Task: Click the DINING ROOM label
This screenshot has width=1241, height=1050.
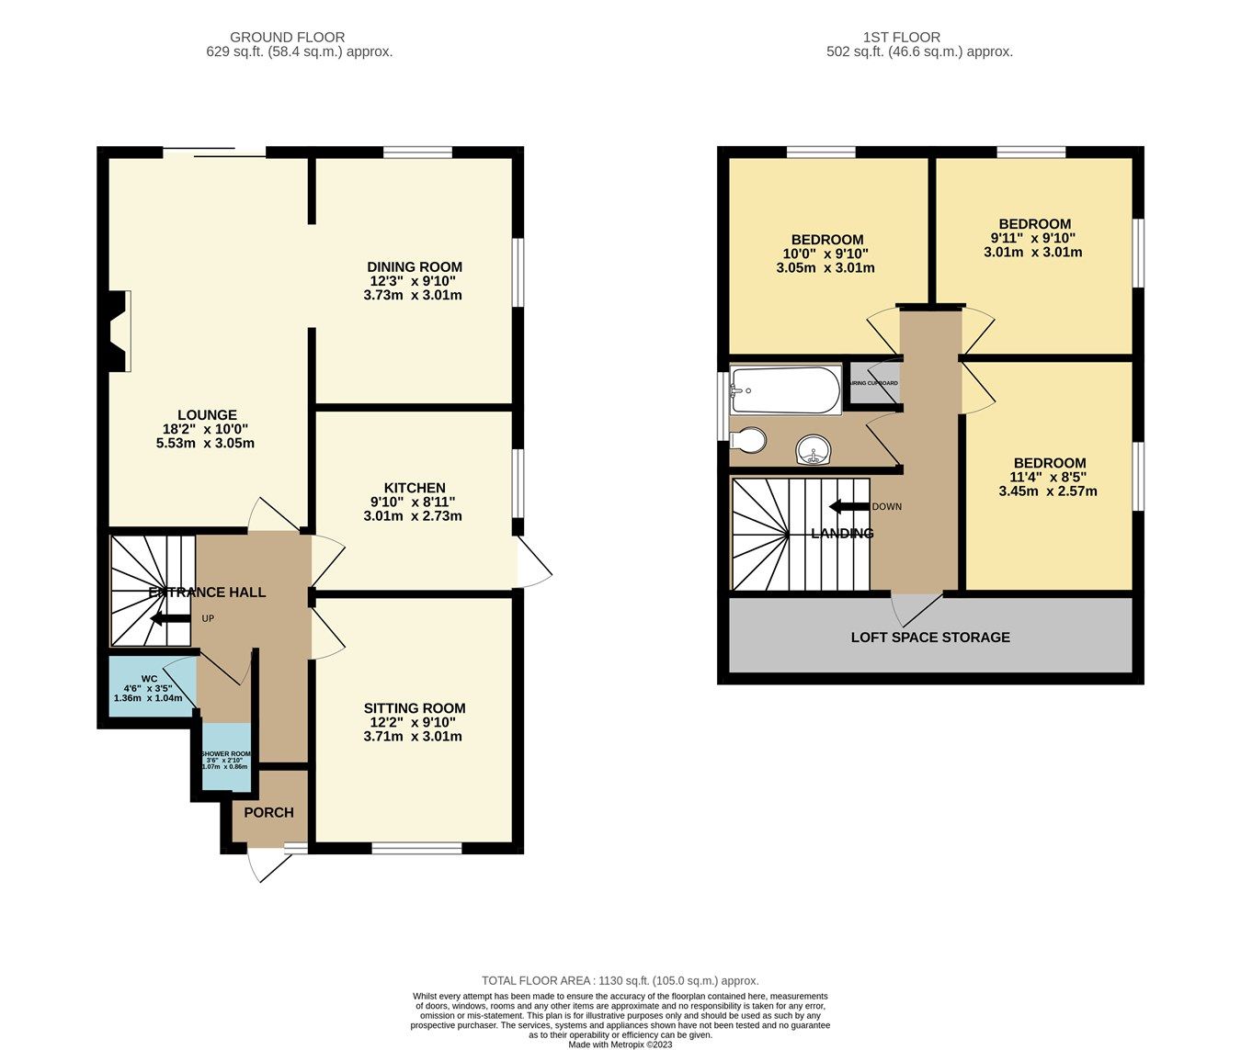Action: (x=415, y=267)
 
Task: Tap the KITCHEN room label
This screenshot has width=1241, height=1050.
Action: (x=415, y=488)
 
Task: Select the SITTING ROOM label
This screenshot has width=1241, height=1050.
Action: (x=415, y=708)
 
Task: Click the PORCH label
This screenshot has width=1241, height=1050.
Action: (x=268, y=813)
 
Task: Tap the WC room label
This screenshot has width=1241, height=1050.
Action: (x=149, y=679)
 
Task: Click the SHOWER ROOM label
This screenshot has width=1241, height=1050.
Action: (x=225, y=753)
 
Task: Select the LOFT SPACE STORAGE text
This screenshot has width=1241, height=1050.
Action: (x=930, y=637)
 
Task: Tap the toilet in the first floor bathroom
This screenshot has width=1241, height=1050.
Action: (x=749, y=441)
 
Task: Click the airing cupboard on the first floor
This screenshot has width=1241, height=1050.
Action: (x=873, y=383)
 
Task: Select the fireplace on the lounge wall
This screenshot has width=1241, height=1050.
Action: (x=118, y=332)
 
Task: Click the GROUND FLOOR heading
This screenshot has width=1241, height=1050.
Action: (x=287, y=38)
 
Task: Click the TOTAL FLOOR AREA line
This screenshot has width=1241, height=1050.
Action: (x=620, y=981)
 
